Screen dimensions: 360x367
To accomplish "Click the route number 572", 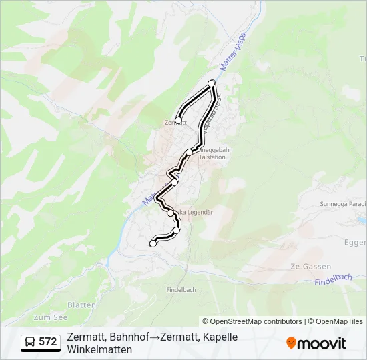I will coord(48,342).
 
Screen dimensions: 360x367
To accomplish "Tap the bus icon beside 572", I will coord(31,343).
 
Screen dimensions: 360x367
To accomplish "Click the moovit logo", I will coord(316,343).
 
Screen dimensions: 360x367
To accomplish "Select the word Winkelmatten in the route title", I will coord(99,349).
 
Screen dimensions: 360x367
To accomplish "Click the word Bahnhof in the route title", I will coord(129,337).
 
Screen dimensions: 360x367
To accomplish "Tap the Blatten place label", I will coord(82,305).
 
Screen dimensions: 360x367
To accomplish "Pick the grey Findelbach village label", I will coord(181,290).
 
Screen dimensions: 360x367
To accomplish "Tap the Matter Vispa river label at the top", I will coord(234,49).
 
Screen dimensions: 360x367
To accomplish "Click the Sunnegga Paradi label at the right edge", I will coord(343,204).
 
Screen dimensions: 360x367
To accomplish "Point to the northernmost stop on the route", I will coord(212,83).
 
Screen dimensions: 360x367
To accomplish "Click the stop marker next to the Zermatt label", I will coord(178,121).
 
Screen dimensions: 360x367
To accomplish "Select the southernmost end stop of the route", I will coord(153,244).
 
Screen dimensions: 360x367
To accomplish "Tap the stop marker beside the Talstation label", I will coord(190,153).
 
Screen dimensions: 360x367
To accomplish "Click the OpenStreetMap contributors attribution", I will coord(252,321).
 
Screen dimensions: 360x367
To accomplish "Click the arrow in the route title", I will coord(153,337).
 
